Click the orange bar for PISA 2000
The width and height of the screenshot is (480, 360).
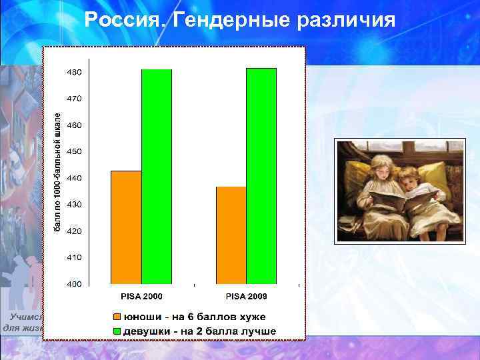(126, 227)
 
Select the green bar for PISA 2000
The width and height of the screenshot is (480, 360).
(157, 177)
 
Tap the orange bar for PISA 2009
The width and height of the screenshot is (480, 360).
(231, 235)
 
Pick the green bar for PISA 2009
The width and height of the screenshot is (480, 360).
(261, 176)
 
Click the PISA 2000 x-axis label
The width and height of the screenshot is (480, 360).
(141, 296)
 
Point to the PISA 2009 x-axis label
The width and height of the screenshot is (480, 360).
(246, 296)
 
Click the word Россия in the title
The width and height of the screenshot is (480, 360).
(124, 21)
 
